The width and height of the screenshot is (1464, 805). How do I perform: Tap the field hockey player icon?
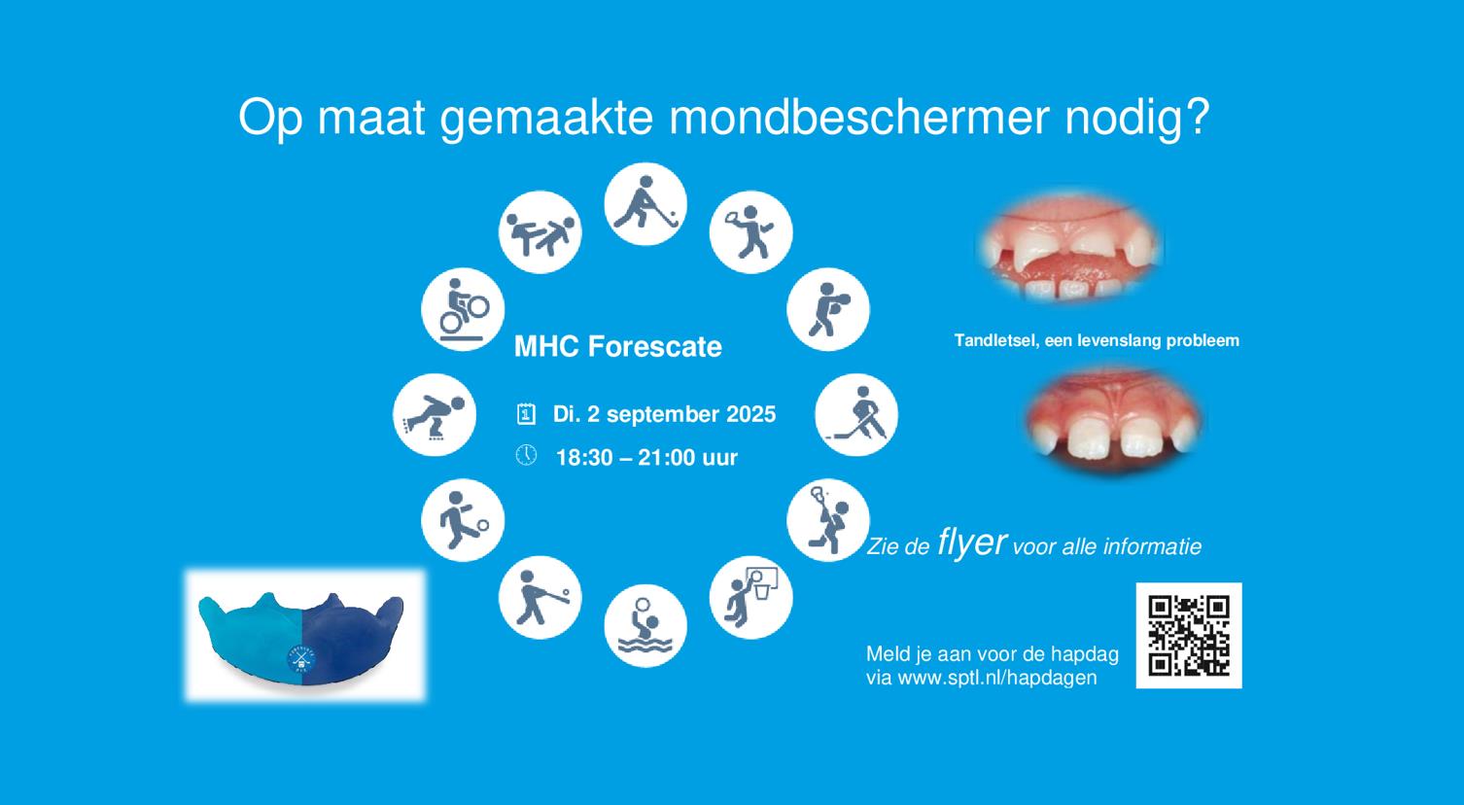click(645, 204)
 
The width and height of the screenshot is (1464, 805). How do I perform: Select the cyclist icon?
click(463, 309)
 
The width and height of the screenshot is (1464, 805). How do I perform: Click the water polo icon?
click(645, 625)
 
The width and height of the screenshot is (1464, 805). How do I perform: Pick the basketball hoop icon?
click(750, 597)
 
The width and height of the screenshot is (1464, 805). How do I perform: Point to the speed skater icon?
click(434, 415)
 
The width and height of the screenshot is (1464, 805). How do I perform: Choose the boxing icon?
click(828, 309)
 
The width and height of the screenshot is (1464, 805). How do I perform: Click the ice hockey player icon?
click(856, 415)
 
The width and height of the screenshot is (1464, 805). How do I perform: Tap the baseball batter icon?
click(540, 597)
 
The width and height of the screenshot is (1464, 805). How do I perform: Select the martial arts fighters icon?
click(540, 232)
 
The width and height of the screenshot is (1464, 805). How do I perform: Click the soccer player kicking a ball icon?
click(463, 520)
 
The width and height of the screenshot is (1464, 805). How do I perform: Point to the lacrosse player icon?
click(828, 520)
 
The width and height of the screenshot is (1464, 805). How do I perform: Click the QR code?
click(1189, 635)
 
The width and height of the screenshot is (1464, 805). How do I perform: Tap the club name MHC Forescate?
click(617, 346)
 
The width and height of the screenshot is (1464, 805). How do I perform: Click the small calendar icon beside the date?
click(526, 413)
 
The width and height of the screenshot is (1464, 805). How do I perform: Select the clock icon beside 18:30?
click(526, 455)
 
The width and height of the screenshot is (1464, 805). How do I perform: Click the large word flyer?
click(971, 542)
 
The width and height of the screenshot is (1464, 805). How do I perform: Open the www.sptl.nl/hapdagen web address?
click(997, 678)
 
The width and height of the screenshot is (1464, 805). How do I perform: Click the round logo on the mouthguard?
click(301, 658)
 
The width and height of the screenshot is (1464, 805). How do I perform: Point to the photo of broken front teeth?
click(1070, 247)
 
